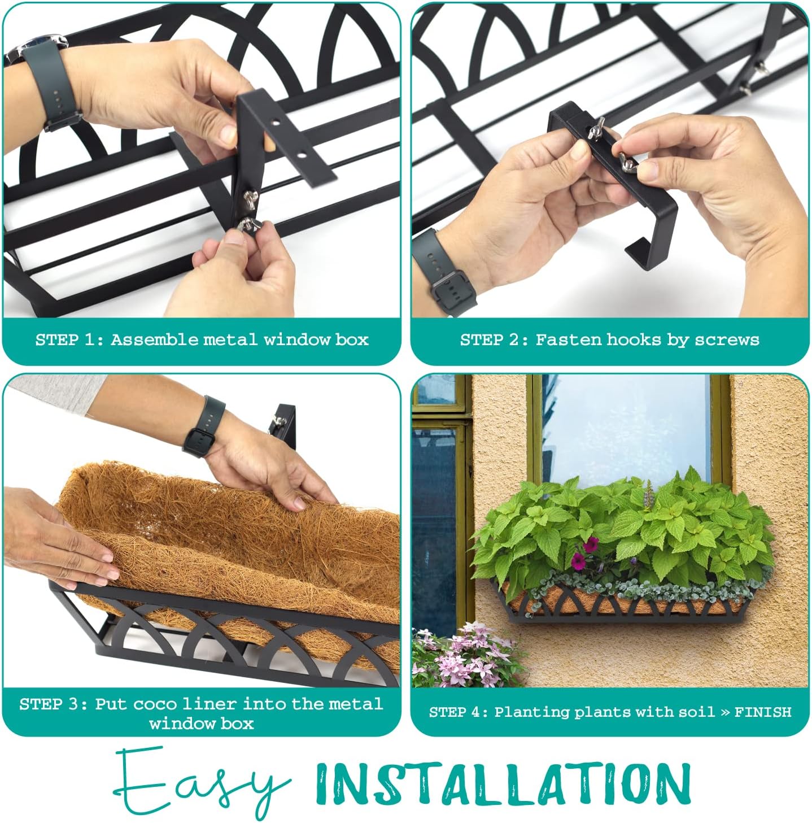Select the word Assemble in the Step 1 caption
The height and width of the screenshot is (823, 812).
(154, 339)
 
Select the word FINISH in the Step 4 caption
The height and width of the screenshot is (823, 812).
(762, 712)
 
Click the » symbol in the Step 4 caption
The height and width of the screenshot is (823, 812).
(724, 712)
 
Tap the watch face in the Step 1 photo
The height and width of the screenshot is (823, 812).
(40, 45)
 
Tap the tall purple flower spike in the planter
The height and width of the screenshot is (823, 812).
(648, 495)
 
